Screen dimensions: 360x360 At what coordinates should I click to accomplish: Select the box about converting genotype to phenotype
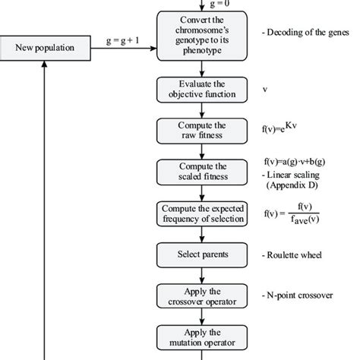coord(203,35)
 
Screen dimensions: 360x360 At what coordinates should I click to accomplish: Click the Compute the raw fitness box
coord(203,128)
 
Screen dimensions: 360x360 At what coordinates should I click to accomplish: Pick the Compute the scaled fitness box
coord(203,170)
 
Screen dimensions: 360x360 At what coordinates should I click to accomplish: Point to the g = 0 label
coord(202,3)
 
